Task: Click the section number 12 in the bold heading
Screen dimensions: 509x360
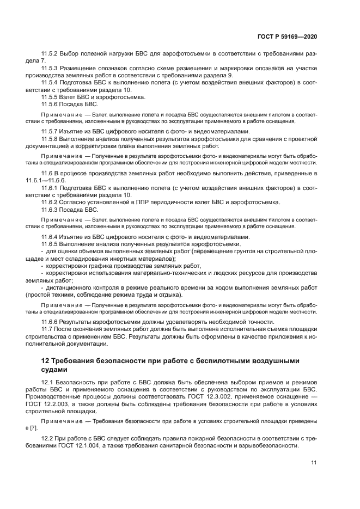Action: [x=46, y=361]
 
